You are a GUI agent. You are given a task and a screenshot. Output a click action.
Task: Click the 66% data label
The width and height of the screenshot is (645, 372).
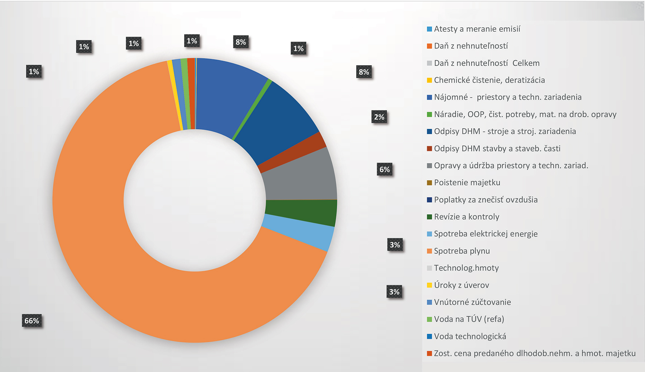click(x=32, y=321)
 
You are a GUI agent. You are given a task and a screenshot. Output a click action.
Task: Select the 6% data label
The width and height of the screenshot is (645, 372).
click(x=384, y=170)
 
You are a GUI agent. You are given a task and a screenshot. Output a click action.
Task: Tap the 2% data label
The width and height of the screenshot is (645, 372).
click(x=379, y=117)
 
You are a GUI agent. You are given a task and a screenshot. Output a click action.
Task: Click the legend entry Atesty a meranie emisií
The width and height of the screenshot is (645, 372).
click(x=477, y=29)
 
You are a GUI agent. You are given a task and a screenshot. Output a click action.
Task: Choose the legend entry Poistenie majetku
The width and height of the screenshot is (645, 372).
click(x=467, y=183)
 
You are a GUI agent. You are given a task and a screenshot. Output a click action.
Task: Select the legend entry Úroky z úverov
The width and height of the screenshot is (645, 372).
click(x=461, y=285)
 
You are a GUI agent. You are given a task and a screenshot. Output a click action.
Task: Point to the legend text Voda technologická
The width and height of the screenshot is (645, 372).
click(x=470, y=337)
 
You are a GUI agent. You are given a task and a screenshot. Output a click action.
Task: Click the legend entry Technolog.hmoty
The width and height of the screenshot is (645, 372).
click(x=466, y=268)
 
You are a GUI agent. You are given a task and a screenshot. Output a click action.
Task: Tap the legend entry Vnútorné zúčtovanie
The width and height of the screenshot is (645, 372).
click(x=472, y=302)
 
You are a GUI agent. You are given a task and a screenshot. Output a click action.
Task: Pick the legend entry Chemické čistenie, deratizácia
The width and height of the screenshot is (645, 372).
click(x=489, y=80)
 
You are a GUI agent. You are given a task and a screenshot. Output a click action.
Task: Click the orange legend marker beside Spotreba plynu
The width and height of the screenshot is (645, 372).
click(x=429, y=251)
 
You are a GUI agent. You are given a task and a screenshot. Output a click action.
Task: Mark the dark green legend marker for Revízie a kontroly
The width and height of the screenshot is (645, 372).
click(x=429, y=217)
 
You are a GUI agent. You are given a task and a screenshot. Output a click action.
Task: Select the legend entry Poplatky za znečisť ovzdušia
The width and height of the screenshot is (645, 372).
click(x=486, y=200)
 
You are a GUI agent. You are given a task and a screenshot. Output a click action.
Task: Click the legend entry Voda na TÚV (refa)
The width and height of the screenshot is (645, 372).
click(x=469, y=319)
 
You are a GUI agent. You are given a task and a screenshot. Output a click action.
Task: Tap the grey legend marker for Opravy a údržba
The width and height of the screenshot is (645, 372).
click(x=429, y=166)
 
